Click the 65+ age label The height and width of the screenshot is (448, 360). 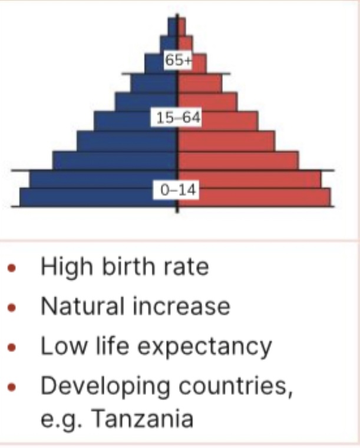(x=178, y=61)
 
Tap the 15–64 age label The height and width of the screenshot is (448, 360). (x=177, y=118)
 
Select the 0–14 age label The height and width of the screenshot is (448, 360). (x=177, y=190)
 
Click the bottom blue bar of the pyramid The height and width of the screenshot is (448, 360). (x=88, y=197)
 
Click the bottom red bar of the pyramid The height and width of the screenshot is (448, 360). (x=259, y=197)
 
